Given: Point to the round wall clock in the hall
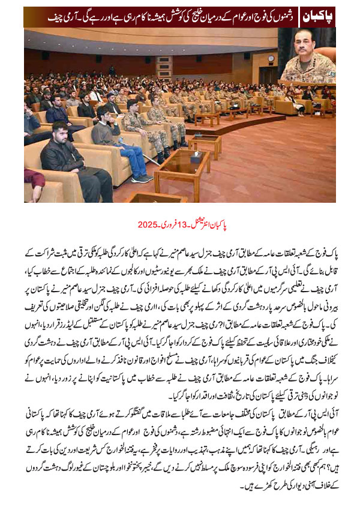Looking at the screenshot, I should (x=271, y=58).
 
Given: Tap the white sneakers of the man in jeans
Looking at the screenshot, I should (x=140, y=178).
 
